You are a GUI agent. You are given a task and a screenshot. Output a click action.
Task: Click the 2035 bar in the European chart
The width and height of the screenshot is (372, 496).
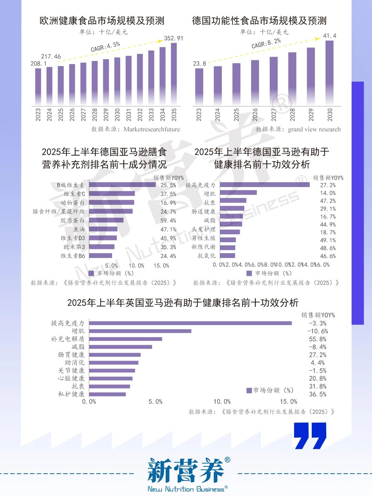click(174, 74)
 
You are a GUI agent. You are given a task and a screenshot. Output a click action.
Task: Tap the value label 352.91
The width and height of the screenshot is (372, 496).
click(173, 38)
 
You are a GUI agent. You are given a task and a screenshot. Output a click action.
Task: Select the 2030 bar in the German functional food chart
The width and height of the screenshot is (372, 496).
click(329, 73)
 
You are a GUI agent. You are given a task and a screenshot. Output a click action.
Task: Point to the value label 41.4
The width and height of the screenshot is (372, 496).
click(330, 36)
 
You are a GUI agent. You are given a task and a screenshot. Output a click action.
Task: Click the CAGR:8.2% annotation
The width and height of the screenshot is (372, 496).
click(266, 43)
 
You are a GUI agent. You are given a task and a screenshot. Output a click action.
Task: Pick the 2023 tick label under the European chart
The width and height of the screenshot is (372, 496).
click(38, 115)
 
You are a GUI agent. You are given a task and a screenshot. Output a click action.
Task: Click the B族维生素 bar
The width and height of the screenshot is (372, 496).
click(122, 185)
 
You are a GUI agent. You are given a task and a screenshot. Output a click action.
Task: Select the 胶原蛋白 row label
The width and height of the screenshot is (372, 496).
click(72, 220)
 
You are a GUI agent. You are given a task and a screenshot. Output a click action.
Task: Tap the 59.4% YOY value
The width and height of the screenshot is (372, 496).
click(168, 220)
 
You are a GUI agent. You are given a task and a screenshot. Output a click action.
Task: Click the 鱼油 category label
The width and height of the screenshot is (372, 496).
click(79, 229)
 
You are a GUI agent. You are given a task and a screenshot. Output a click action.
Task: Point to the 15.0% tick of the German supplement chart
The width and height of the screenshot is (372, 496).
click(161, 266)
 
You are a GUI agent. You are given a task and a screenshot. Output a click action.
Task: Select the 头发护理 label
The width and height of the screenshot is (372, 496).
click(203, 229)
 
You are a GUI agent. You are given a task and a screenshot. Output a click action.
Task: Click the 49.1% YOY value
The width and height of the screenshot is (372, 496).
click(328, 240)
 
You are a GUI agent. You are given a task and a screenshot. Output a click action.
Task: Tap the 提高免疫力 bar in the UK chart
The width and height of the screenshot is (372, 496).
click(190, 323)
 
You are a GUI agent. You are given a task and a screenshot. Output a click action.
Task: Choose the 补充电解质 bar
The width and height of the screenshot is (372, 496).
click(125, 339)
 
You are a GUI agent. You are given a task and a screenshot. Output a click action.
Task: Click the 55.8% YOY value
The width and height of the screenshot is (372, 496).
click(317, 339)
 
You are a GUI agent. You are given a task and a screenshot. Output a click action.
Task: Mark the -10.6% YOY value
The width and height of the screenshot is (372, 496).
click(317, 331)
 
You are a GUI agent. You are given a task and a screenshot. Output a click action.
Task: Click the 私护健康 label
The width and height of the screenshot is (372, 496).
click(71, 394)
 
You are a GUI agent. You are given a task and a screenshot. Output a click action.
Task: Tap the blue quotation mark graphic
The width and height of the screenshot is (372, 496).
click(310, 436)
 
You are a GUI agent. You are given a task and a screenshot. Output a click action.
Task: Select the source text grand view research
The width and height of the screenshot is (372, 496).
click(314, 129)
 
